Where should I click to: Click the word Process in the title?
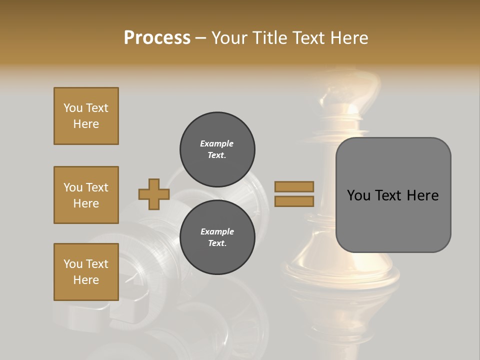[157, 38]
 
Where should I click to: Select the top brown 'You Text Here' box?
[86, 116]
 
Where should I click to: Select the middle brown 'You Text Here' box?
[86, 195]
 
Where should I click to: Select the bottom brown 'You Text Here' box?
[86, 272]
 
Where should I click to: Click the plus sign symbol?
[154, 194]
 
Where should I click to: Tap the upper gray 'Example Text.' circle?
[217, 149]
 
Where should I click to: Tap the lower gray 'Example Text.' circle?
[217, 237]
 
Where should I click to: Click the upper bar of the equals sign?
[294, 186]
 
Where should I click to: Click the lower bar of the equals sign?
[294, 201]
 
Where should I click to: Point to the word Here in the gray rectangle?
[422, 195]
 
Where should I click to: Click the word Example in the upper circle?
[217, 143]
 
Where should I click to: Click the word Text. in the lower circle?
[217, 243]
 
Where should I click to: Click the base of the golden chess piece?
[342, 272]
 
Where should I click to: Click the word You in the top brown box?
[73, 108]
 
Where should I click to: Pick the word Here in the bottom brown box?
[86, 280]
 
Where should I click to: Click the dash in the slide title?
[201, 38]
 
